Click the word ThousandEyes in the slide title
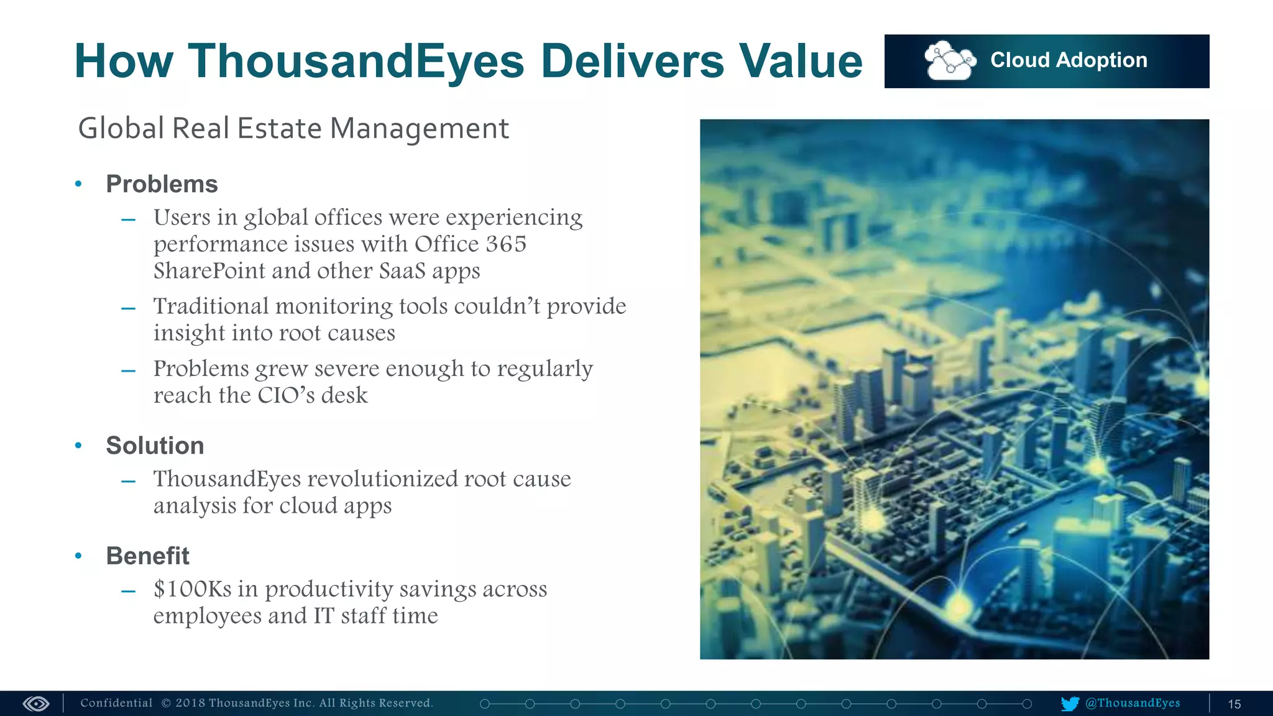(356, 62)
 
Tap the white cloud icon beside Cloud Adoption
(949, 61)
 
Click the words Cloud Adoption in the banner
(1068, 60)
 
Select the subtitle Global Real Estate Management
(293, 129)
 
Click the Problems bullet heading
(162, 184)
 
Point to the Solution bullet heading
(155, 446)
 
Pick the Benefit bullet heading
(147, 556)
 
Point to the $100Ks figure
(192, 589)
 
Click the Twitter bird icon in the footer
(1070, 704)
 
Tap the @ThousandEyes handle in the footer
(1133, 703)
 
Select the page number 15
(1234, 704)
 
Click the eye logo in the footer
(36, 704)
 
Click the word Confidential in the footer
(116, 703)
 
